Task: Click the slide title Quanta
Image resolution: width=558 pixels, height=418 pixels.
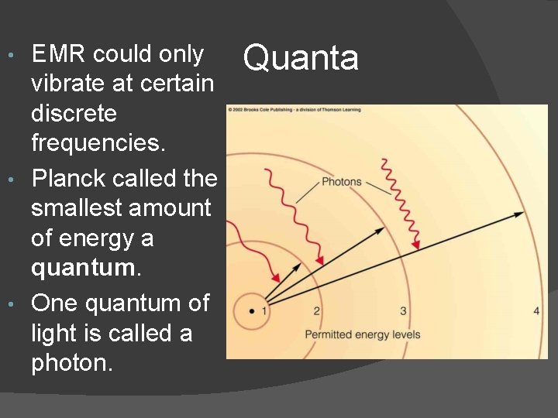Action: point(301,57)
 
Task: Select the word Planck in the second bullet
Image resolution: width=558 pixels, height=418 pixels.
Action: point(68,179)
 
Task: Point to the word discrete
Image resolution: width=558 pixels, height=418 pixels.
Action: point(74,114)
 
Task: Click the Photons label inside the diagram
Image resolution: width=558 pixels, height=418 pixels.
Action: point(341,182)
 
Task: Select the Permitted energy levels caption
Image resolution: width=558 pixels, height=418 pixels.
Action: point(363,334)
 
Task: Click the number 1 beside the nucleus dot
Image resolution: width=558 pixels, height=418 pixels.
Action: point(264,311)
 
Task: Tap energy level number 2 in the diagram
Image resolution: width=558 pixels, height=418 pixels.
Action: point(316,311)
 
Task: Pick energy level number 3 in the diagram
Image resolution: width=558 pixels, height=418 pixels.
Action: point(403,311)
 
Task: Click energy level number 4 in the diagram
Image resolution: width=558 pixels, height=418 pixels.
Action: point(536,311)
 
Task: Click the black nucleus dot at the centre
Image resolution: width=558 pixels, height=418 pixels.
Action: point(252,311)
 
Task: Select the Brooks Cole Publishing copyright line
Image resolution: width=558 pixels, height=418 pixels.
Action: point(294,110)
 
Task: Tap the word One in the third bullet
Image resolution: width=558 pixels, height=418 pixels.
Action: point(53,303)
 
